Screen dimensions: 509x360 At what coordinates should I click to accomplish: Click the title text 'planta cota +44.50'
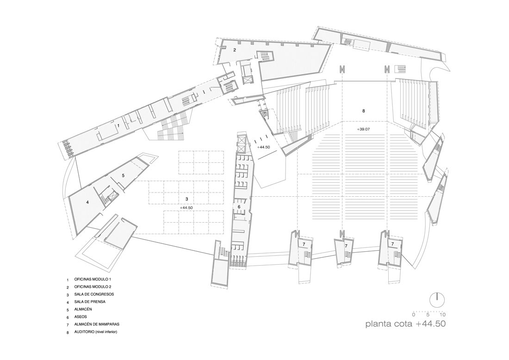pos(405,323)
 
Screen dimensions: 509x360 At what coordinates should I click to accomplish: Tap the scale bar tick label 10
pos(442,315)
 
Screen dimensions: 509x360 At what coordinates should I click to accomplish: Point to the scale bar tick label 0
pos(414,315)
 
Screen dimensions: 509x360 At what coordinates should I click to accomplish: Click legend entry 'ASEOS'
pos(81,317)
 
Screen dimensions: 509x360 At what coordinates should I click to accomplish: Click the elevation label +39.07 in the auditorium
pos(364,129)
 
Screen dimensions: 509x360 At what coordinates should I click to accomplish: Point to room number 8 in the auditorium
pos(364,111)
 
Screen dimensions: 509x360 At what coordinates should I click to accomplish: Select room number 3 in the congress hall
pos(186,199)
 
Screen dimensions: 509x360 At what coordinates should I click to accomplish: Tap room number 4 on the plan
pos(87,202)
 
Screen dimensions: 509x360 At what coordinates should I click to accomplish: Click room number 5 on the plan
pos(123,175)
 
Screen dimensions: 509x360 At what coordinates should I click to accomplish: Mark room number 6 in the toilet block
pos(239,207)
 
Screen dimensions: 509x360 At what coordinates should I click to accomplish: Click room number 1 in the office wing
pos(119,125)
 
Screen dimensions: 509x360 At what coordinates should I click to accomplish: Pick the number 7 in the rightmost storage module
pos(392,243)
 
